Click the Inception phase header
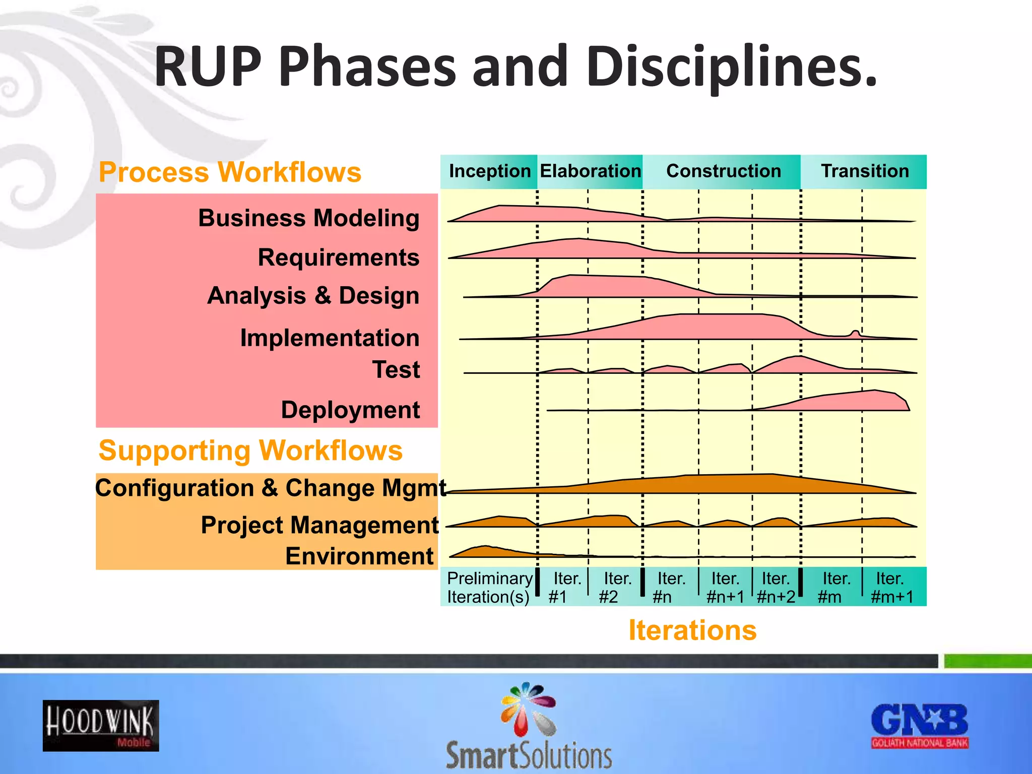tap(489, 171)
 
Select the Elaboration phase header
tap(590, 171)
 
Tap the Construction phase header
tap(723, 171)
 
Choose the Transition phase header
tap(865, 171)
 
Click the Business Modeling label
tap(308, 218)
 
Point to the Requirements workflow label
tap(338, 257)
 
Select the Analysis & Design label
tap(313, 296)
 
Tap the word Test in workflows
tap(396, 370)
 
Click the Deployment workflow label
tap(350, 410)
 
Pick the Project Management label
tap(319, 525)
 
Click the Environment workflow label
tap(359, 556)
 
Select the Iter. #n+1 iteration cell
tap(725, 587)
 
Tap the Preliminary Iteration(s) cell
tap(489, 587)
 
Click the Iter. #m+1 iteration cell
tap(892, 587)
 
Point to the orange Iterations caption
tap(692, 630)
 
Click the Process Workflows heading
tap(230, 172)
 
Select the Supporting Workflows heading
tap(250, 450)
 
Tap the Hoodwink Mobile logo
tap(101, 726)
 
